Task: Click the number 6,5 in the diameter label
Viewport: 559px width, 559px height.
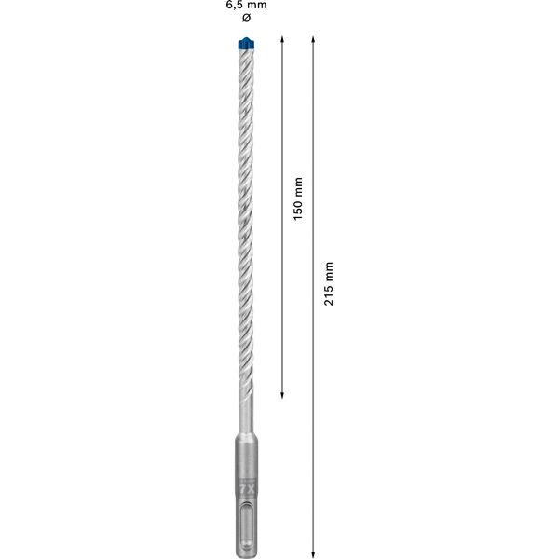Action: [x=235, y=6]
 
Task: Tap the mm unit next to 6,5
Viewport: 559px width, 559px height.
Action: [x=258, y=6]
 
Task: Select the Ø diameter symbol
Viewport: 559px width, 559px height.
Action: [x=246, y=19]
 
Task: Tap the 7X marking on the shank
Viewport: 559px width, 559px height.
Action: [x=246, y=487]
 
